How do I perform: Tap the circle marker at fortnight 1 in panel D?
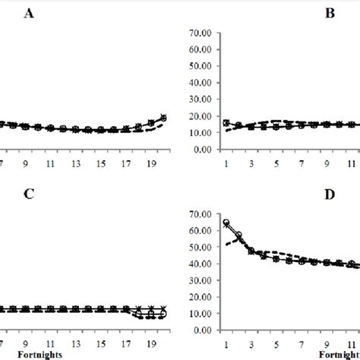[x=226, y=223]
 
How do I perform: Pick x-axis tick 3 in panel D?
[x=251, y=343]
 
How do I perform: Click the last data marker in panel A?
[x=163, y=118]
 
